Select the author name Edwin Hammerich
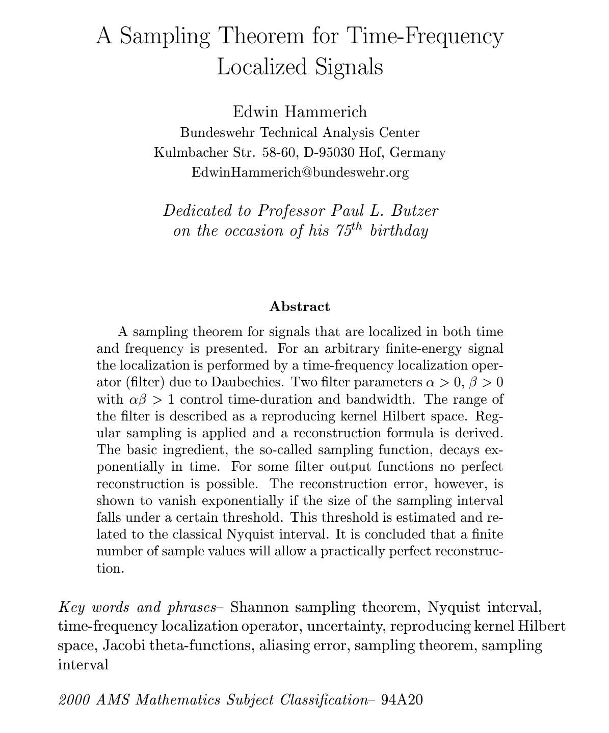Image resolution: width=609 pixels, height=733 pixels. [x=300, y=111]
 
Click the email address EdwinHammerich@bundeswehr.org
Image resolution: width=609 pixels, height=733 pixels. [x=300, y=173]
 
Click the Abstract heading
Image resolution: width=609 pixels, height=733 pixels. [x=300, y=306]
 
